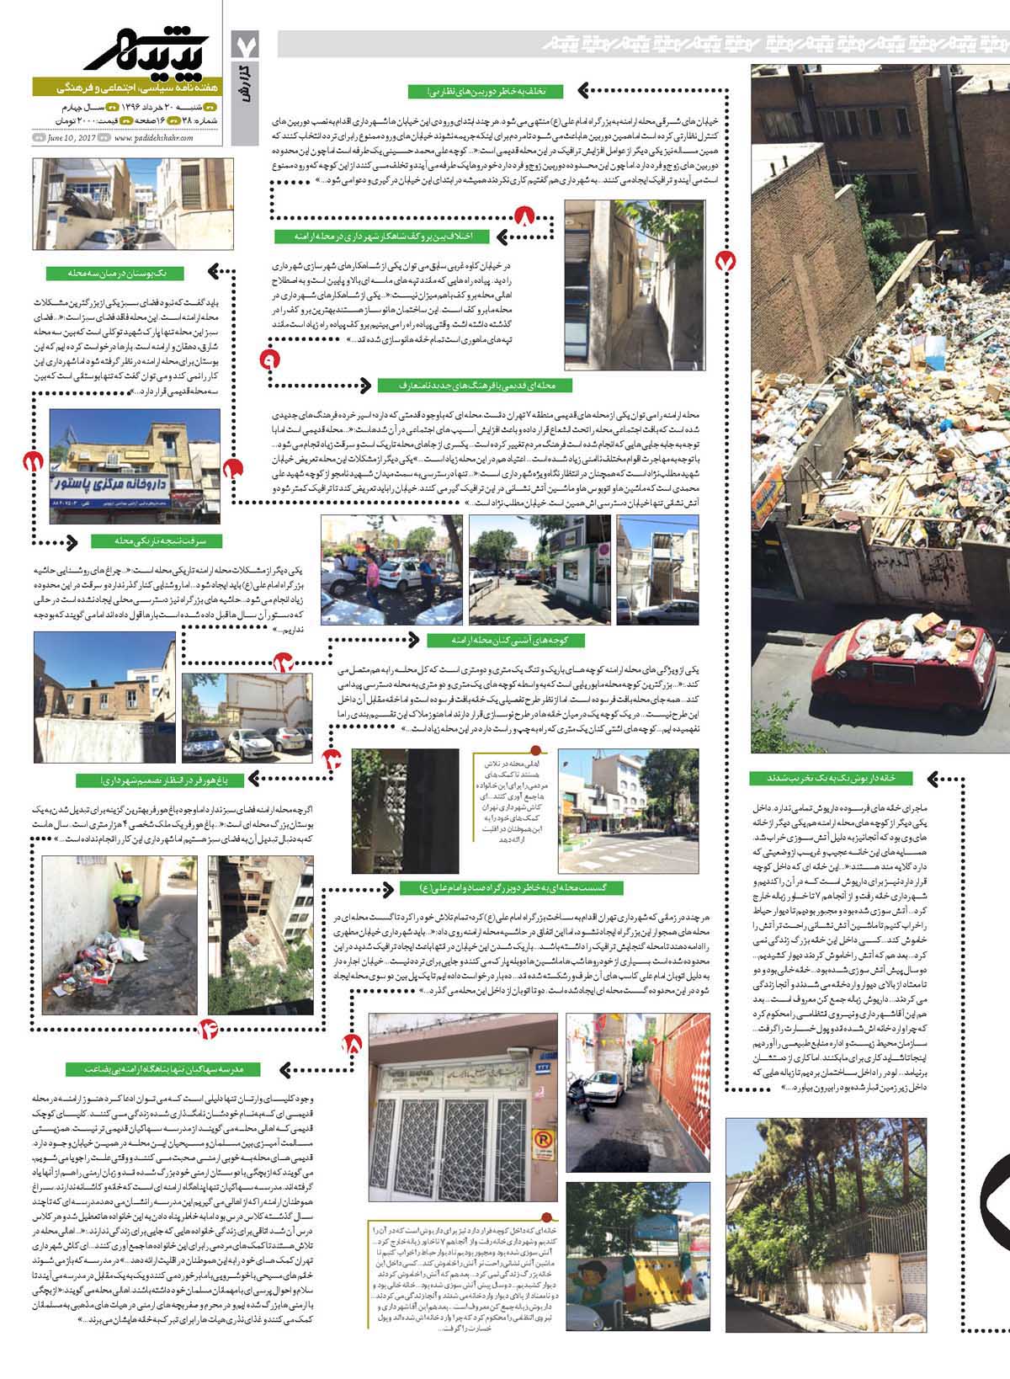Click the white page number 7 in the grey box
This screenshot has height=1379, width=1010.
(248, 43)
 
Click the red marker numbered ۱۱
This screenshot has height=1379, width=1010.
(34, 461)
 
